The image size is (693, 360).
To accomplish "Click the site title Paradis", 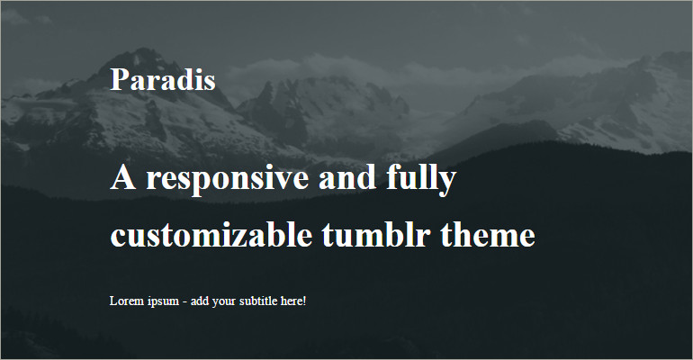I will click(x=163, y=79).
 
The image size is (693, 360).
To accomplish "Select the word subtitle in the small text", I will click(x=258, y=300).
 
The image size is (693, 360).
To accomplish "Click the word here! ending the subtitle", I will click(x=293, y=300).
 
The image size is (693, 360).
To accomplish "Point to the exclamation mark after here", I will click(x=304, y=300).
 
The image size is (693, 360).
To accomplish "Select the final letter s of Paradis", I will click(x=210, y=81).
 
